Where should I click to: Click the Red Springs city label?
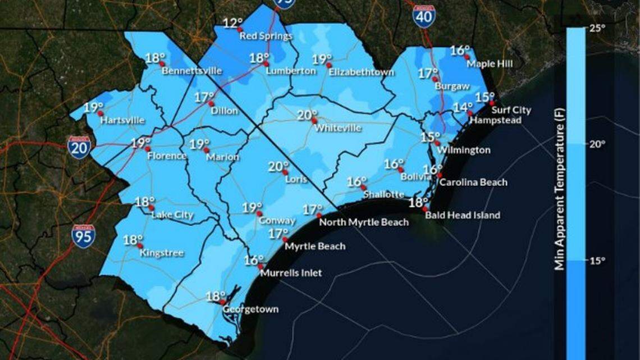(x=266, y=37)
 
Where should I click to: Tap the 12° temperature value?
(x=232, y=24)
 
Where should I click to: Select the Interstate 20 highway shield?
(x=79, y=147)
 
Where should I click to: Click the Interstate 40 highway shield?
(x=423, y=17)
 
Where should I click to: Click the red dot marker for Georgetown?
(x=223, y=302)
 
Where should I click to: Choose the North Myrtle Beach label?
(x=364, y=222)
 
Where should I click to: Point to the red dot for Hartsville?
(x=100, y=113)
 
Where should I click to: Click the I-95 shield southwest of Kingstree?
(x=83, y=236)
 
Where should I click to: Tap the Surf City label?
(x=513, y=111)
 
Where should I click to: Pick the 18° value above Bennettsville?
(x=155, y=58)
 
